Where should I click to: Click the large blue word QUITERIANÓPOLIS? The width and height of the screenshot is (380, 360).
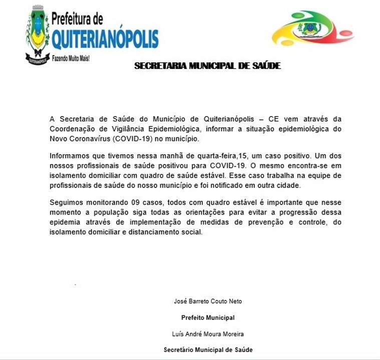coord(105,38)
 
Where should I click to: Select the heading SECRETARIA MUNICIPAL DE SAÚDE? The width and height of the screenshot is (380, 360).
coord(207,65)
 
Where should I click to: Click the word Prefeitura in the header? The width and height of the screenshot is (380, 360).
coord(77,19)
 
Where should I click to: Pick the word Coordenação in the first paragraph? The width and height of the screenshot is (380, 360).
coord(72,128)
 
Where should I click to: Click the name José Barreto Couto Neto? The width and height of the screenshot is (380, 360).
coord(208,301)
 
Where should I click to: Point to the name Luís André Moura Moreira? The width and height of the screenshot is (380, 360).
coord(208,333)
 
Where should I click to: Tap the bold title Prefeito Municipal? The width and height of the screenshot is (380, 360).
coord(208,317)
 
